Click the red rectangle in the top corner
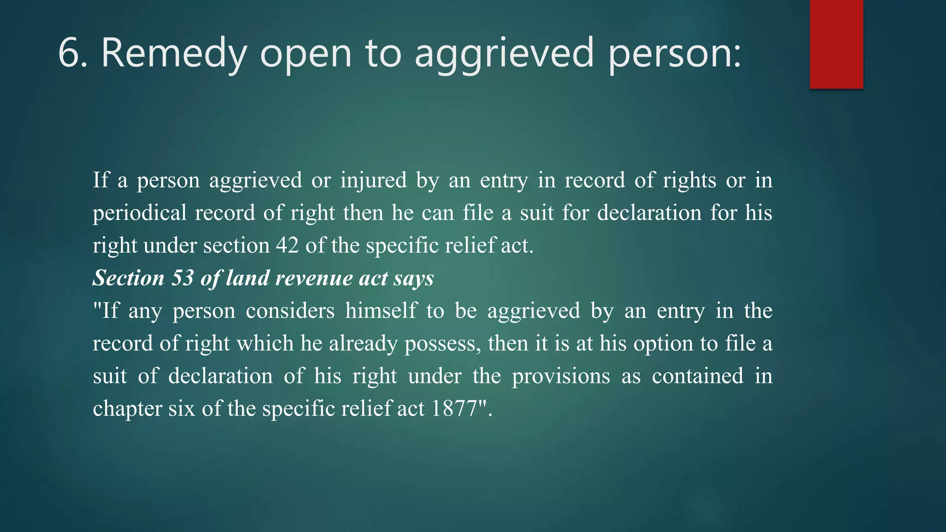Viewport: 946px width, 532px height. point(836,44)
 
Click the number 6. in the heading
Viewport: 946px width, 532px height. point(73,53)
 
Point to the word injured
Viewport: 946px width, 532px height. point(373,181)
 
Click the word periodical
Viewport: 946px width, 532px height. point(139,213)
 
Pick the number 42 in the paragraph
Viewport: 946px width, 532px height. point(287,245)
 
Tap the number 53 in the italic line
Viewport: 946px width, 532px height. point(182,278)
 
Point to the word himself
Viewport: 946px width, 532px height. point(381,311)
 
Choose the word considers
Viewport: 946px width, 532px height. point(290,311)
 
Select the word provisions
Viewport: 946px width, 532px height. point(561,376)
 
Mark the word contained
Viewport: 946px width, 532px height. point(697,376)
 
